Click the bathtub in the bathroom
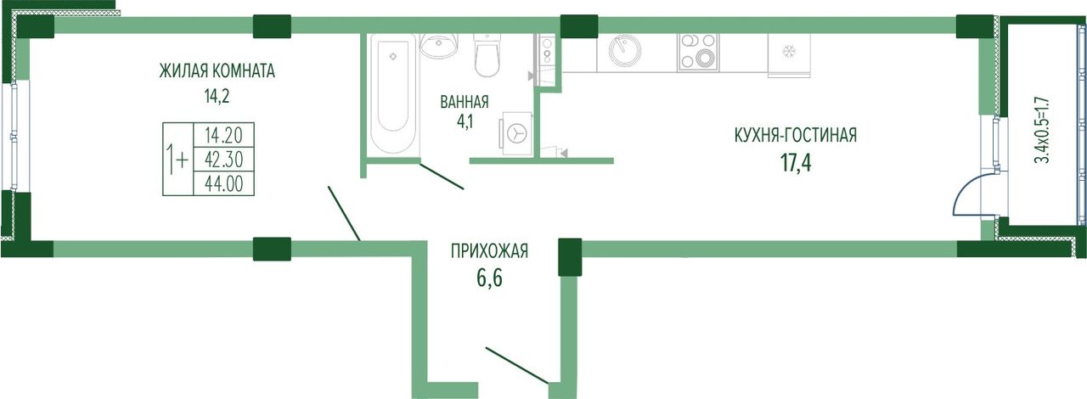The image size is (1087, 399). tap(392, 93)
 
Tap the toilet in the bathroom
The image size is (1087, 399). tap(487, 55)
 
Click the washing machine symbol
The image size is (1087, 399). tap(517, 133)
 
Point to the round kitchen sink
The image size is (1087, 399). tap(624, 50)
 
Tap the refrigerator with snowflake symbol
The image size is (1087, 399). tap(789, 55)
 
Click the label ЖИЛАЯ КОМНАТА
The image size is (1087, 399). tap(217, 71)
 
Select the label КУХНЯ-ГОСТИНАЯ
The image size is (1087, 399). tap(796, 136)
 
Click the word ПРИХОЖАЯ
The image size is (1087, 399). tap(489, 251)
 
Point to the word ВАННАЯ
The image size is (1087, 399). tap(465, 103)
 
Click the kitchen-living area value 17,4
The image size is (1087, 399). tap(796, 163)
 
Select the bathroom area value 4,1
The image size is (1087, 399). tap(465, 121)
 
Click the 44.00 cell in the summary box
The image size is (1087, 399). tap(223, 183)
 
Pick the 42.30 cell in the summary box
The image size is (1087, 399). tap(223, 160)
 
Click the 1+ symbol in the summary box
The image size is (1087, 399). tap(177, 160)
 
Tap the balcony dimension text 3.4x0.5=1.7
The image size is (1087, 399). tap(1042, 131)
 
